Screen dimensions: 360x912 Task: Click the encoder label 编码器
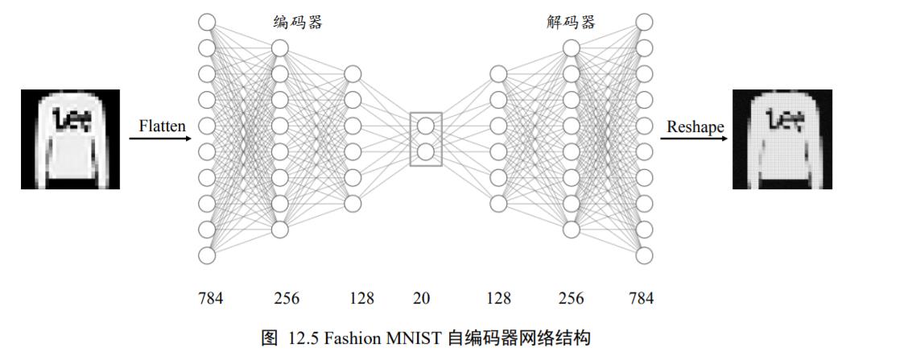click(x=297, y=23)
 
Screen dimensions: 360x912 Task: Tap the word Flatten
click(x=162, y=126)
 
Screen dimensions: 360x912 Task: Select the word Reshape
click(x=695, y=126)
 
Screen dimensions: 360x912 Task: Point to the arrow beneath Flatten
click(x=161, y=139)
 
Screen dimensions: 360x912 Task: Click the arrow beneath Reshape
click(x=694, y=139)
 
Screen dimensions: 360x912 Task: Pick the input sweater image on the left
click(x=70, y=139)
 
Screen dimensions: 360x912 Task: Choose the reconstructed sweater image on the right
click(x=782, y=139)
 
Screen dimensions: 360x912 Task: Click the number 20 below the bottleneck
click(x=421, y=299)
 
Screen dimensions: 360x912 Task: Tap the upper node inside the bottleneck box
click(x=426, y=126)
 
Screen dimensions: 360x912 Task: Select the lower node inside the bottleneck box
click(x=426, y=151)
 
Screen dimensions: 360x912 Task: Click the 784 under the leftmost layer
click(x=210, y=299)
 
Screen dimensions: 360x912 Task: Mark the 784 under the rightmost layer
click(x=641, y=299)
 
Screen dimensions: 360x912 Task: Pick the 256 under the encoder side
click(x=287, y=299)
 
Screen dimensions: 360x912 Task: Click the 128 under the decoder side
click(x=499, y=299)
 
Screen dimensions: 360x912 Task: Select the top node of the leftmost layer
click(x=208, y=22)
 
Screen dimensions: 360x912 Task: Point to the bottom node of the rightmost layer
click(x=644, y=255)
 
